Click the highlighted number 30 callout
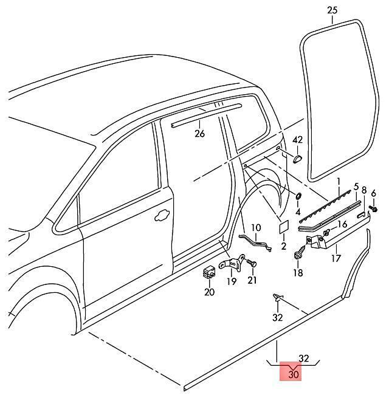[294, 375]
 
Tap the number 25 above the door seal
[331, 10]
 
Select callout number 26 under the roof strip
[200, 134]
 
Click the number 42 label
[297, 140]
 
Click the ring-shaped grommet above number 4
[298, 197]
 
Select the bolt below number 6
[374, 210]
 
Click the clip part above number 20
[209, 272]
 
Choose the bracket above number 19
[232, 265]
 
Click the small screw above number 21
[252, 263]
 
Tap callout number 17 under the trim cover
[336, 258]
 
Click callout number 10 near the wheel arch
[256, 228]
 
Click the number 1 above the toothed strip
[339, 181]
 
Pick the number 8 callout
[364, 190]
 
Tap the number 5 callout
[356, 187]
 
